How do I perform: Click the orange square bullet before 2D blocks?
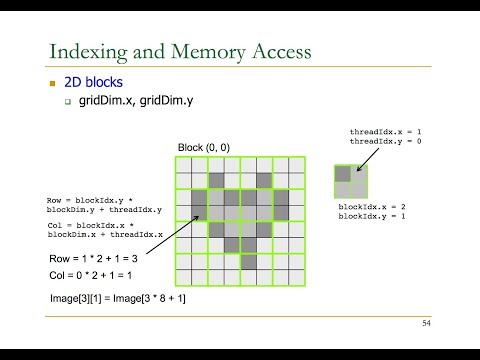[54, 83]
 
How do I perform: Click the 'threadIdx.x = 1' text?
[378, 131]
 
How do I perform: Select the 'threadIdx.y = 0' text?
[378, 141]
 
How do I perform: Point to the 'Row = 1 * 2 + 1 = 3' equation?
[94, 259]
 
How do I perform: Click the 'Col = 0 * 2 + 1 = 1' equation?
[92, 274]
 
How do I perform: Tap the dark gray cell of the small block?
[343, 173]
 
